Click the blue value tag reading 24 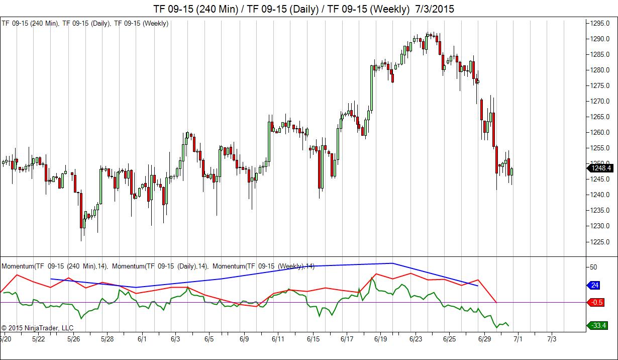[x=594, y=286]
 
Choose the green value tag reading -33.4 [x=597, y=326]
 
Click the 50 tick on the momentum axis [x=593, y=267]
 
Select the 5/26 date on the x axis [x=73, y=339]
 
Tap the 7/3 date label [x=551, y=339]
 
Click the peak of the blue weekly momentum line [x=392, y=263]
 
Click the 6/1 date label [x=142, y=339]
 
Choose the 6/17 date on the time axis [x=347, y=339]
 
